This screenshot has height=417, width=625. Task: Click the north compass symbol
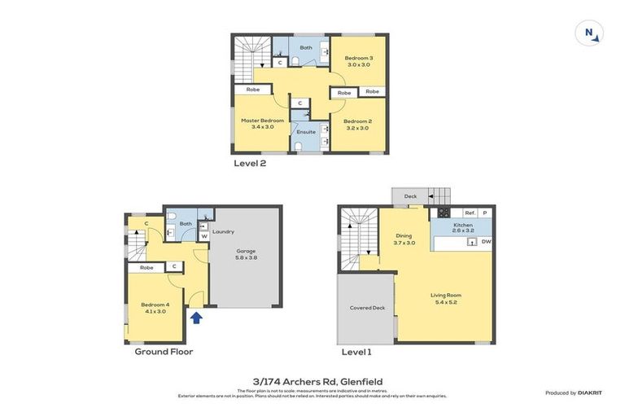[x=589, y=33]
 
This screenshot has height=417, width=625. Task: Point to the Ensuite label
[x=306, y=131]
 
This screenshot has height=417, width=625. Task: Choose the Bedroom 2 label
[x=357, y=124]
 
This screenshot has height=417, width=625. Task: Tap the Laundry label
[x=223, y=231]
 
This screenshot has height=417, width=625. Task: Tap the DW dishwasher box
[x=486, y=242]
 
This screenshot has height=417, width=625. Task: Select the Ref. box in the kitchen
[x=470, y=213]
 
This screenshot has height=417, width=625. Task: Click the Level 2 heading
[x=250, y=163]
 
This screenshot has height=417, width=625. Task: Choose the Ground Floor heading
[x=164, y=352]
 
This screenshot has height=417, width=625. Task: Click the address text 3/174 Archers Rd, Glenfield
[x=312, y=381]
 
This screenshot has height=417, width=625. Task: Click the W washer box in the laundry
[x=203, y=237]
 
